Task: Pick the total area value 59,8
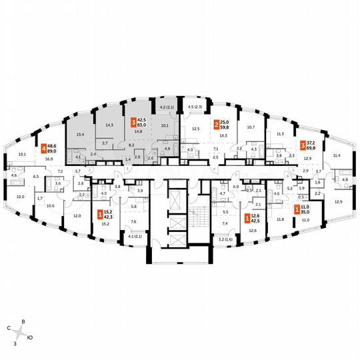tap(227, 127)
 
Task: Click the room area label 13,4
tap(81, 135)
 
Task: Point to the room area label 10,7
tap(251, 127)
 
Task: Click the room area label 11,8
tap(280, 219)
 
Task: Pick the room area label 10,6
tap(51, 206)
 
